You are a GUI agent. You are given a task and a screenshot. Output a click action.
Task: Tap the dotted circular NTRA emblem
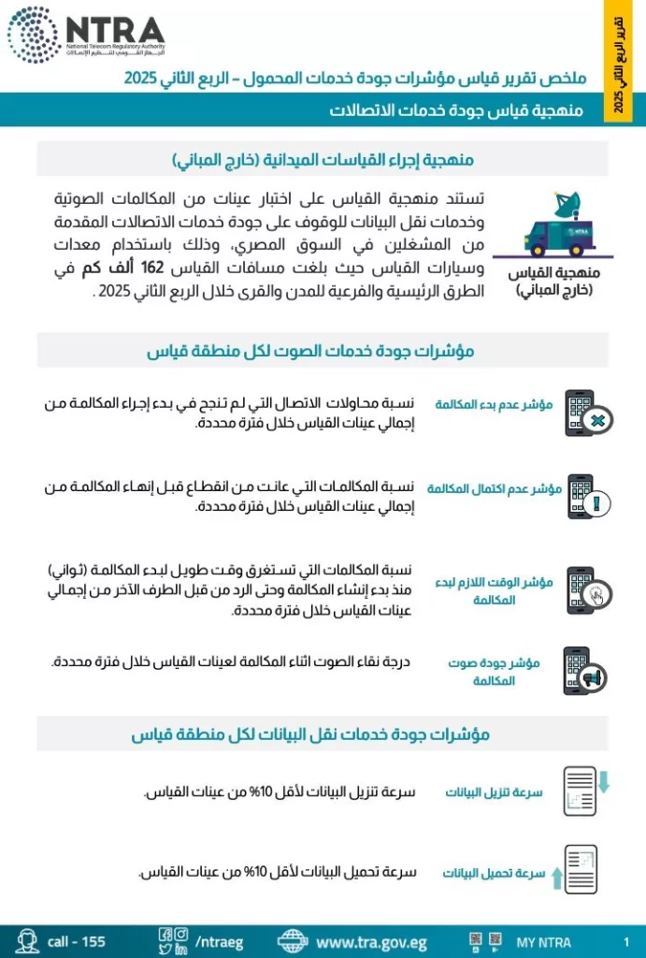pos(34,35)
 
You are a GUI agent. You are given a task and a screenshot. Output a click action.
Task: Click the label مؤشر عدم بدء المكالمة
pos(494,404)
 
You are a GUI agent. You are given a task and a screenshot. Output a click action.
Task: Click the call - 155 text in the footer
pos(77,942)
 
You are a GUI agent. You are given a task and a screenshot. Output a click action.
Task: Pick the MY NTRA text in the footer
pos(543,942)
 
